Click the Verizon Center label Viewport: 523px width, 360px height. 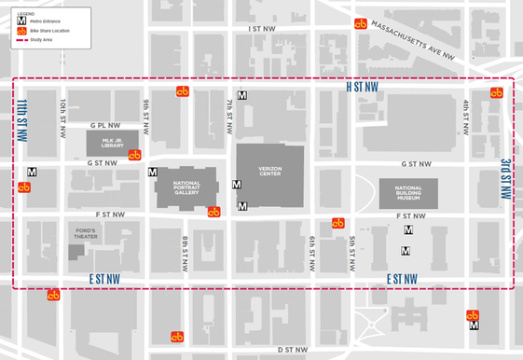[x=269, y=168]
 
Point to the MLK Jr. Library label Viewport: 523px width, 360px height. [x=112, y=143]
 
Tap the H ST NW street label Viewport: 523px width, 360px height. [x=363, y=87]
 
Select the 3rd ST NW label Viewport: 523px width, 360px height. [x=504, y=179]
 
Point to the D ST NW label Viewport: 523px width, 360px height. [x=293, y=350]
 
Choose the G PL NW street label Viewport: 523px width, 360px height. [x=105, y=124]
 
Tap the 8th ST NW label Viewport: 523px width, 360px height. [x=185, y=253]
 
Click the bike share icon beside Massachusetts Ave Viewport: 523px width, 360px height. [x=361, y=23]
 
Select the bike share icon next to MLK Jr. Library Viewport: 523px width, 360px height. [x=134, y=155]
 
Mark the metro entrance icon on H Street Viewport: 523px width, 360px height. [x=242, y=95]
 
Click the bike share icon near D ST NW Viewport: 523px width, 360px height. [x=176, y=337]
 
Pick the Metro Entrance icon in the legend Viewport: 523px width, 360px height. [x=21, y=19]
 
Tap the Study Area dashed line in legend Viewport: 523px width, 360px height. [x=21, y=41]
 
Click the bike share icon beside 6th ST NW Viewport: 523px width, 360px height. [x=338, y=223]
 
